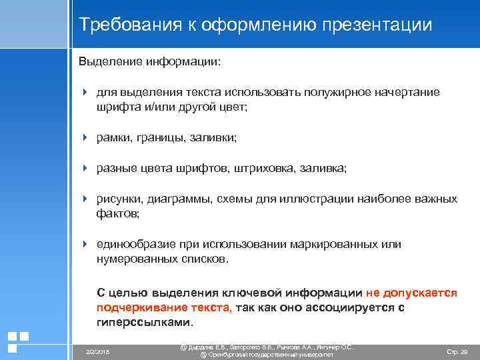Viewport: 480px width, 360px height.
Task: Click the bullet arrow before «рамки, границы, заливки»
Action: pyautogui.click(x=85, y=137)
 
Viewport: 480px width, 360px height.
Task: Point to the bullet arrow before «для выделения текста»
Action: pyautogui.click(x=85, y=92)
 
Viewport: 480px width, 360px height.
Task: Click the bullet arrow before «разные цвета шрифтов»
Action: pyautogui.click(x=85, y=168)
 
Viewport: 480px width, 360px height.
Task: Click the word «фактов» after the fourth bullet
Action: pyautogui.click(x=117, y=213)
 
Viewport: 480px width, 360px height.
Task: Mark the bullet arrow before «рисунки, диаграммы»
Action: pyautogui.click(x=85, y=199)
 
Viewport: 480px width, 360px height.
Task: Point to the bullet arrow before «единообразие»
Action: pyautogui.click(x=85, y=244)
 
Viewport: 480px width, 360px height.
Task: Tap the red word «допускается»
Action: pyautogui.click(x=421, y=293)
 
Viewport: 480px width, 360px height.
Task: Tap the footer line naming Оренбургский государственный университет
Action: pyautogui.click(x=267, y=355)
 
